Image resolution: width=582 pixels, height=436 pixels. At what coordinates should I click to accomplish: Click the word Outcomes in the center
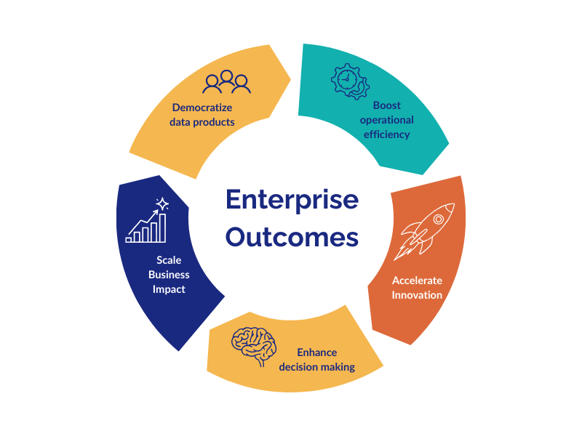[x=291, y=237]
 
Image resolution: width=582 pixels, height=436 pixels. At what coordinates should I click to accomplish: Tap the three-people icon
[x=227, y=82]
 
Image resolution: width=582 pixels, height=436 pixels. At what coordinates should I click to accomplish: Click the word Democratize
[x=202, y=108]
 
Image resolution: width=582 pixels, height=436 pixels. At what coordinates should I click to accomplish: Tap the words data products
[x=202, y=122]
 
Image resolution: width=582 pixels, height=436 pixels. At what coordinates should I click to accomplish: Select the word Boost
[x=386, y=105]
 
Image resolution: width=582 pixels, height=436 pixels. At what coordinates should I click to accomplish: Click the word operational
[x=386, y=120]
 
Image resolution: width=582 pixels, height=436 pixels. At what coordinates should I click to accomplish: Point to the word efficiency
[x=386, y=134]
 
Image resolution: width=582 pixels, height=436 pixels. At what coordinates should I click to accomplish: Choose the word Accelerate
[x=417, y=280]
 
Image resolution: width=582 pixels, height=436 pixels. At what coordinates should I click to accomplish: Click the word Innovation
[x=417, y=294]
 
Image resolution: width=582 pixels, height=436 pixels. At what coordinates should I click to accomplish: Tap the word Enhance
[x=316, y=352]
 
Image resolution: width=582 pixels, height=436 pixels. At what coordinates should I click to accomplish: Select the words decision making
[x=316, y=367]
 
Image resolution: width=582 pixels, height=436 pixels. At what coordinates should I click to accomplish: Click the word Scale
[x=169, y=260]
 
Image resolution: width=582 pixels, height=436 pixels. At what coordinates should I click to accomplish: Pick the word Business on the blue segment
[x=169, y=275]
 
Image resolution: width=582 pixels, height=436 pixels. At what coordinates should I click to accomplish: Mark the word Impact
[x=169, y=289]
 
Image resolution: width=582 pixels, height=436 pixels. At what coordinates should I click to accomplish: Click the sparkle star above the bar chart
[x=163, y=203]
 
